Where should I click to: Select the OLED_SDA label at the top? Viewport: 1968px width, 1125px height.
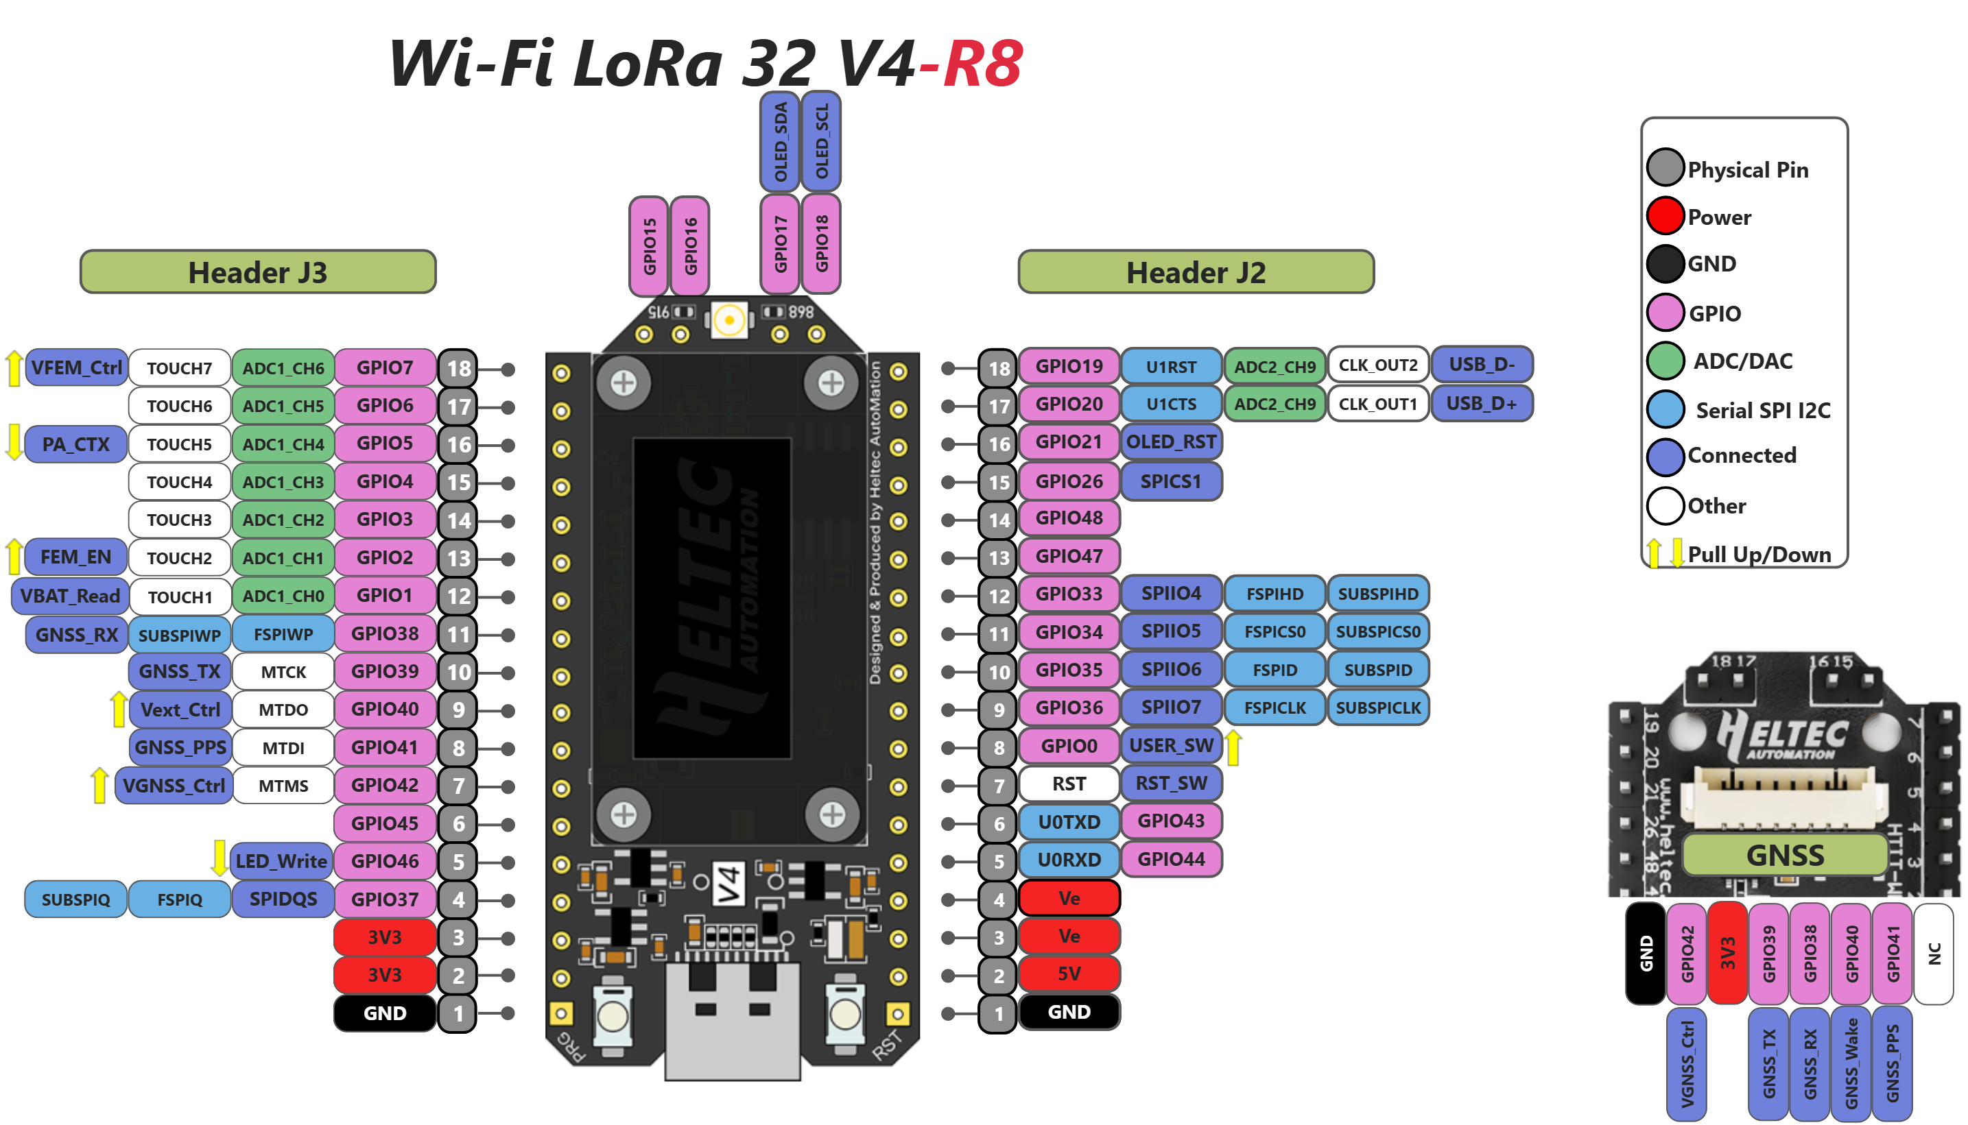coord(780,141)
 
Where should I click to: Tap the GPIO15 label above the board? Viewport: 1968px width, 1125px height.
coord(650,245)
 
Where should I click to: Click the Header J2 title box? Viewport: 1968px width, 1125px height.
coord(1196,272)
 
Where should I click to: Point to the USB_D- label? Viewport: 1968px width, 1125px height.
coord(1481,365)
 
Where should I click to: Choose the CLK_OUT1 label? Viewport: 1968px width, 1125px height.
coord(1377,403)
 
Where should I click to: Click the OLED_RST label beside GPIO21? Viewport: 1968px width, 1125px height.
coord(1171,442)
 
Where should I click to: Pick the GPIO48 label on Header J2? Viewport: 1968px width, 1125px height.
coord(1069,518)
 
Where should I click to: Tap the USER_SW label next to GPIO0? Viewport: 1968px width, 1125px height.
coord(1171,746)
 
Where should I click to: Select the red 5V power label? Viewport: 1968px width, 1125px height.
coord(1069,973)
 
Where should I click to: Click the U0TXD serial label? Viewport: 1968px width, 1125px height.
coord(1069,821)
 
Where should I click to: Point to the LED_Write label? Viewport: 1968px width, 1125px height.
coord(281,862)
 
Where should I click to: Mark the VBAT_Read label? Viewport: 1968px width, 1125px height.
coord(69,596)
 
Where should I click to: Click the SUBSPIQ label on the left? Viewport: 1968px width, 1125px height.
coord(75,899)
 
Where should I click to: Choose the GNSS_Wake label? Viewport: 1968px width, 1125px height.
coord(1851,1063)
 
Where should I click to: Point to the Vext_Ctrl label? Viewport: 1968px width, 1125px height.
coord(180,710)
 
